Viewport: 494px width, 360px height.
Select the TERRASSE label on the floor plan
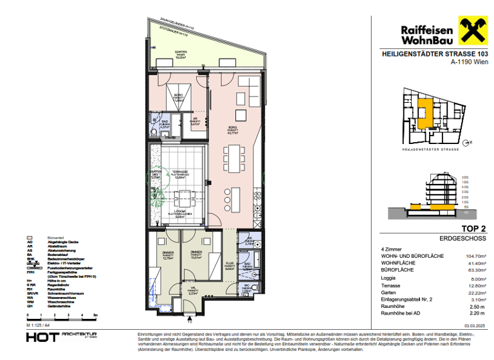pos(180,173)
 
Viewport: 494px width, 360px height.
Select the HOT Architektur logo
pos(62,337)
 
